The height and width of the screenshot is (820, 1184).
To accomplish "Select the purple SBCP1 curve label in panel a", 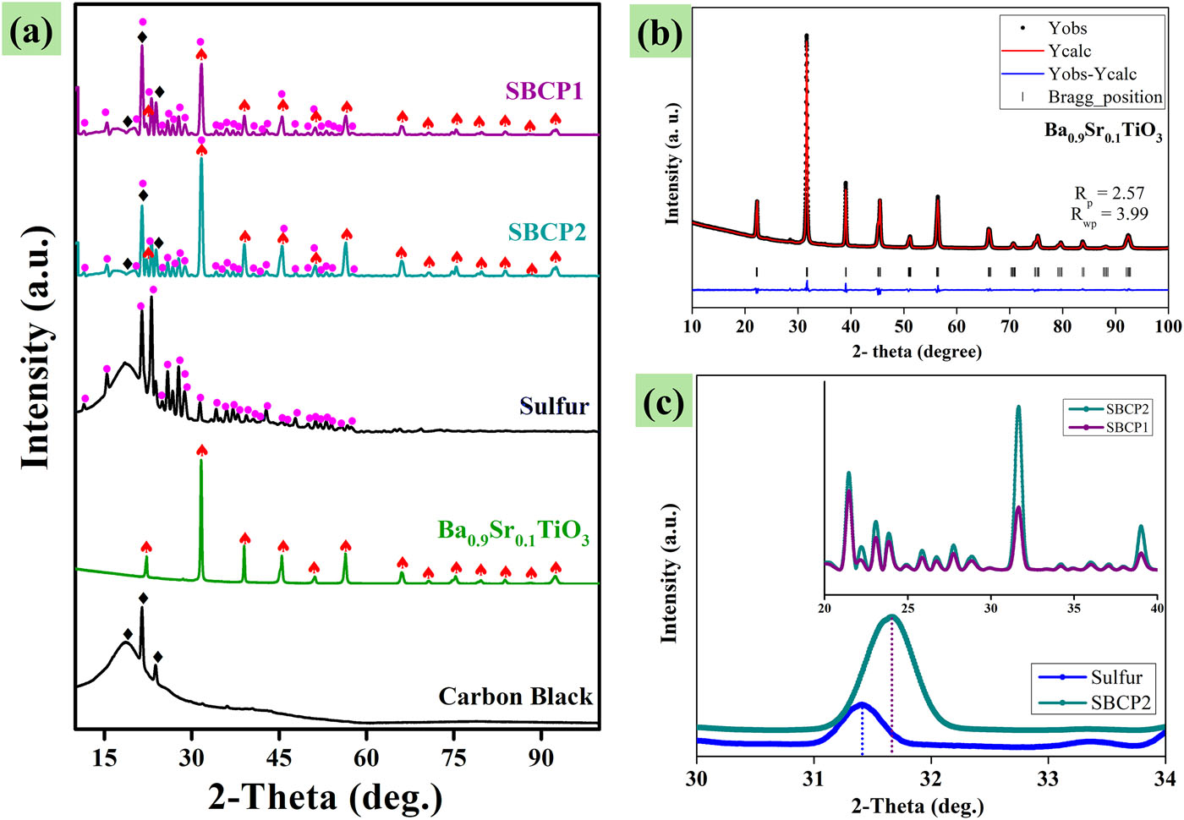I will point(545,90).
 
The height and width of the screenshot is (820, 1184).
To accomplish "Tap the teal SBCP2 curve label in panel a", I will point(546,232).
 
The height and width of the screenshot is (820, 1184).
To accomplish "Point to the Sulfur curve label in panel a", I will point(554,406).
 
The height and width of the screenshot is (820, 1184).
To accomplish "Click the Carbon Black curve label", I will point(515,697).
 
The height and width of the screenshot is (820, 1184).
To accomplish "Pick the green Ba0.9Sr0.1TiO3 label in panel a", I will point(513,533).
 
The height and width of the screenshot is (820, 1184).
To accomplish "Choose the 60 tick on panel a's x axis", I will point(367,757).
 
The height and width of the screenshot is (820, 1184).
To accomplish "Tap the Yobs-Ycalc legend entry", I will point(1092,74).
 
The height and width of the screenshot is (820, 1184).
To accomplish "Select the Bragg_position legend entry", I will point(1105,97).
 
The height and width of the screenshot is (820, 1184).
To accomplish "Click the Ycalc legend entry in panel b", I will point(1069,52).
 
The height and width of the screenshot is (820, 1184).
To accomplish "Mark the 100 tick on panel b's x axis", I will point(1168,327).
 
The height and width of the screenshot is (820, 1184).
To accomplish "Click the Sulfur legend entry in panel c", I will point(1115,677).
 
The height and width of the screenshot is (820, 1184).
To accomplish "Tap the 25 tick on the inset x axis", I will point(907,608).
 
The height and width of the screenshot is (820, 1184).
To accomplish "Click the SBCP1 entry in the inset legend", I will point(1126,428).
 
